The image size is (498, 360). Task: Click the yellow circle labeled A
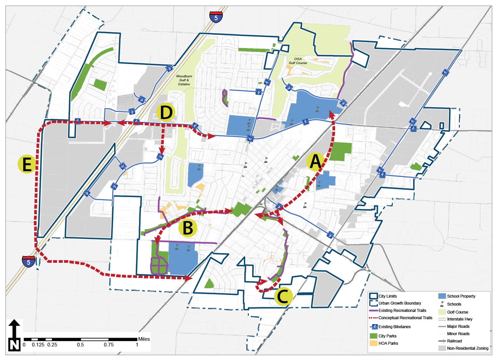pyautogui.click(x=315, y=162)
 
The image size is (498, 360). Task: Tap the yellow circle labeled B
pyautogui.click(x=188, y=228)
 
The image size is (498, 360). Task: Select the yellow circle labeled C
pyautogui.click(x=283, y=296)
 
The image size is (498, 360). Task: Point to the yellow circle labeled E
pyautogui.click(x=27, y=164)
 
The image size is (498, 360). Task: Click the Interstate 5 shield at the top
pyautogui.click(x=216, y=17)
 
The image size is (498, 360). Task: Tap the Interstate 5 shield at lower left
pyautogui.click(x=29, y=261)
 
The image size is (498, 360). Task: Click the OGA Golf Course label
pyautogui.click(x=298, y=61)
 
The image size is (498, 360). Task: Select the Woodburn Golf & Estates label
pyautogui.click(x=184, y=80)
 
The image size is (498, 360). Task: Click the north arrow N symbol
pyautogui.click(x=14, y=335)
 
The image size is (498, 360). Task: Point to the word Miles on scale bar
pyautogui.click(x=144, y=339)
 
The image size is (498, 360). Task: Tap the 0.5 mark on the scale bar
pyautogui.click(x=81, y=344)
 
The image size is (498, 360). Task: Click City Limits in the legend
pyautogui.click(x=388, y=296)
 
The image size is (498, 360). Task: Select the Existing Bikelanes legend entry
pyautogui.click(x=394, y=326)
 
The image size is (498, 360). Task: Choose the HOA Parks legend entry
pyautogui.click(x=388, y=343)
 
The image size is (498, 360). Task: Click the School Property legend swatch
pyautogui.click(x=442, y=296)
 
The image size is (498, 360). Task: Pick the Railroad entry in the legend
pyautogui.click(x=454, y=341)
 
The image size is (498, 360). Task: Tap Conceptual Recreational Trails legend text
pyautogui.click(x=405, y=318)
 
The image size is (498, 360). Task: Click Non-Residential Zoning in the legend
pyautogui.click(x=467, y=348)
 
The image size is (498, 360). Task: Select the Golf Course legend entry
pyautogui.click(x=458, y=312)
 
